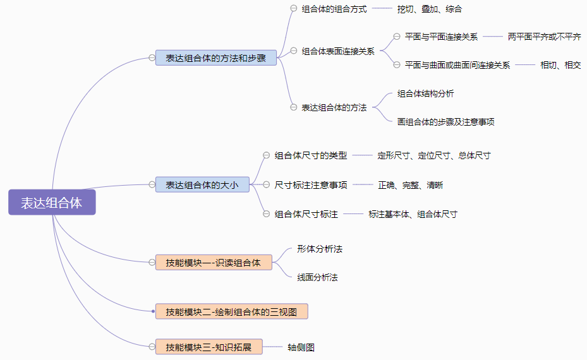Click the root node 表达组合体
point(52,202)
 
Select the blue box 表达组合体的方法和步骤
point(216,58)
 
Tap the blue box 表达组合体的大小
point(203,185)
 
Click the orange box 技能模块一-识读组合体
point(214,262)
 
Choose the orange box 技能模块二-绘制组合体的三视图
point(231,311)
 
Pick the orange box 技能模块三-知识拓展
point(209,347)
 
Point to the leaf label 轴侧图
point(301,347)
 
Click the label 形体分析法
point(320,249)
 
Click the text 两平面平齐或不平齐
point(544,37)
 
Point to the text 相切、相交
point(560,64)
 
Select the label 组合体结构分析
point(425,93)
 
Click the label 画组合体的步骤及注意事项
point(445,121)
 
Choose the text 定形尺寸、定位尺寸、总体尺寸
point(433,155)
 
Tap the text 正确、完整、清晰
point(410,185)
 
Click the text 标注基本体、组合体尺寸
point(413,214)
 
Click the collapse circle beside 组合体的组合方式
point(293,9)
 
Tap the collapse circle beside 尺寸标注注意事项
point(267,185)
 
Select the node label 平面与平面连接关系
point(441,37)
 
